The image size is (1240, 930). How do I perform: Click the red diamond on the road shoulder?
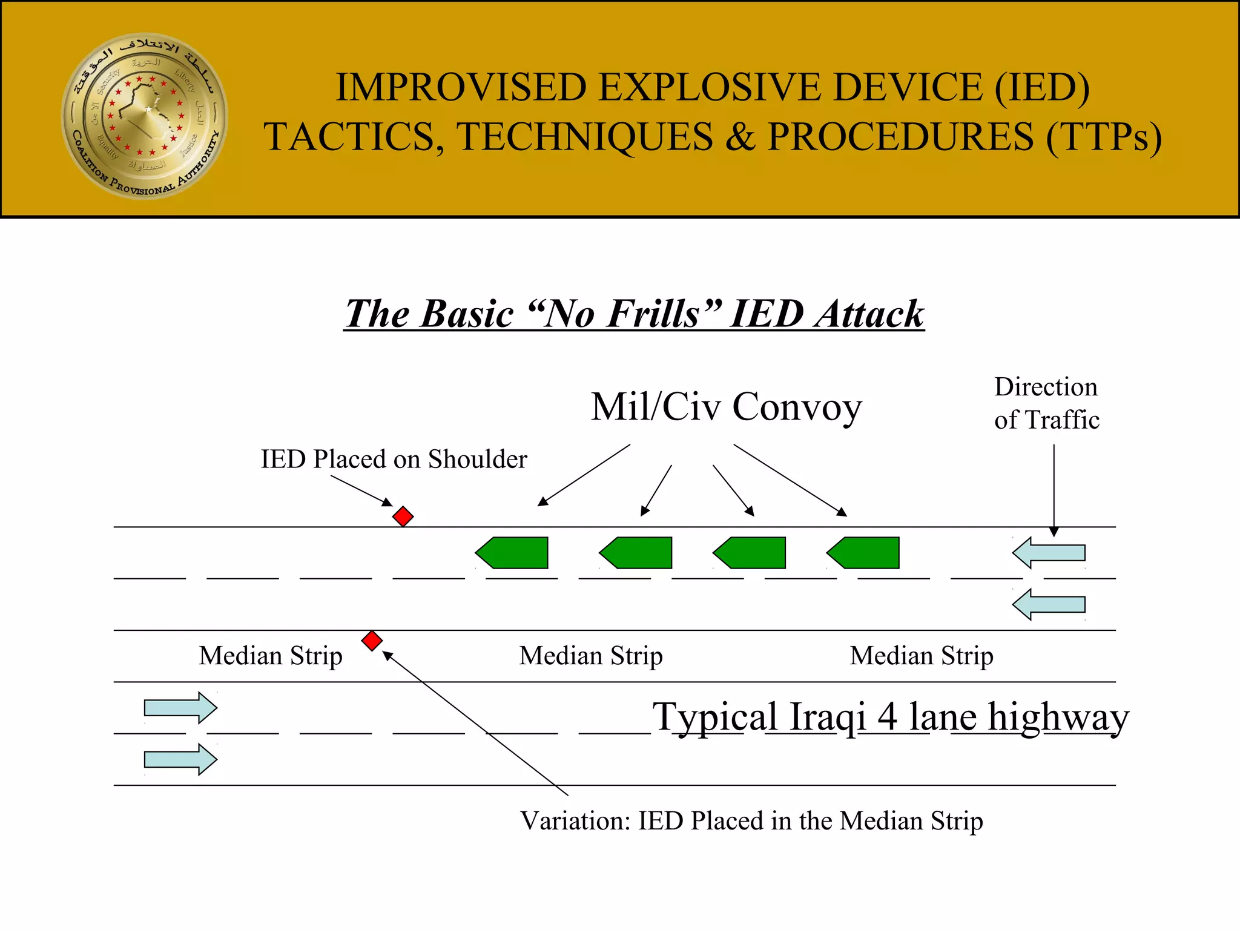pos(403,516)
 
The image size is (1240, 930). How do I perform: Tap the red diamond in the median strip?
pos(372,641)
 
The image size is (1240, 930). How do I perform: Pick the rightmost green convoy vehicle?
pos(865,553)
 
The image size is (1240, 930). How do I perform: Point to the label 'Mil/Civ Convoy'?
pos(726,406)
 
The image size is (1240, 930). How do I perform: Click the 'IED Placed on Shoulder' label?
pos(394,460)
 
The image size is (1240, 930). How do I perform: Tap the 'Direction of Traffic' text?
pos(1046,403)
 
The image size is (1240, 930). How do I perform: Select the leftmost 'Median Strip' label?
pos(271,656)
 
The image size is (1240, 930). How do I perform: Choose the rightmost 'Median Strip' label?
pos(922,656)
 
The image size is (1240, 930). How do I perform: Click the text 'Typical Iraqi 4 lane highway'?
pos(890,717)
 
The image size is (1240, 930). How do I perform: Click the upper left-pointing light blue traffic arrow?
pos(1049,553)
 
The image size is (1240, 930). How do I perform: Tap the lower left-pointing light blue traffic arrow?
pos(1049,605)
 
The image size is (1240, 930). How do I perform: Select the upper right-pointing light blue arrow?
pos(180,707)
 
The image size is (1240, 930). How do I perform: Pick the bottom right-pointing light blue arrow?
pos(180,759)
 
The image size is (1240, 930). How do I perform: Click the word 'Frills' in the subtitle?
pos(653,314)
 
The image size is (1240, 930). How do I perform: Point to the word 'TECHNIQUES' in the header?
pos(584,137)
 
